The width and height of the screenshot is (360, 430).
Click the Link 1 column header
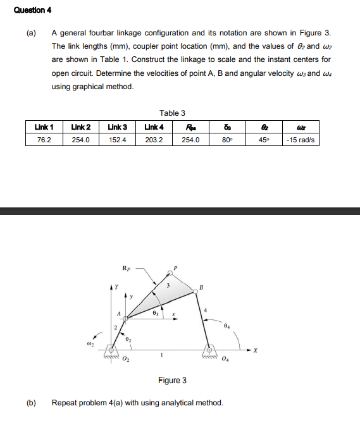pos(44,128)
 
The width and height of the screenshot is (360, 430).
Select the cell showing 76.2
pos(44,140)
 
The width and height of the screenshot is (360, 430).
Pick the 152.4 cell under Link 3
pos(117,140)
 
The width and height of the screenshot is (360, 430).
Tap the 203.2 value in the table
pos(154,140)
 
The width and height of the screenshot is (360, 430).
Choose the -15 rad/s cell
pos(301,140)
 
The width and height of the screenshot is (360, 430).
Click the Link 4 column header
pos(154,128)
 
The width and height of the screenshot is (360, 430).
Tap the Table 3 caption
pos(172,113)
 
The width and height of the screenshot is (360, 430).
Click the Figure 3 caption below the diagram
pos(172,380)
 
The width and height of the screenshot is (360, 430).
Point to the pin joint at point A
pos(125,317)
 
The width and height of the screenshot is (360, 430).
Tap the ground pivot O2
pos(113,348)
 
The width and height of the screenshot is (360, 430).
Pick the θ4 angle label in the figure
pos(228,325)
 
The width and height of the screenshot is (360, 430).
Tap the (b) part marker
pos(30,402)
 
